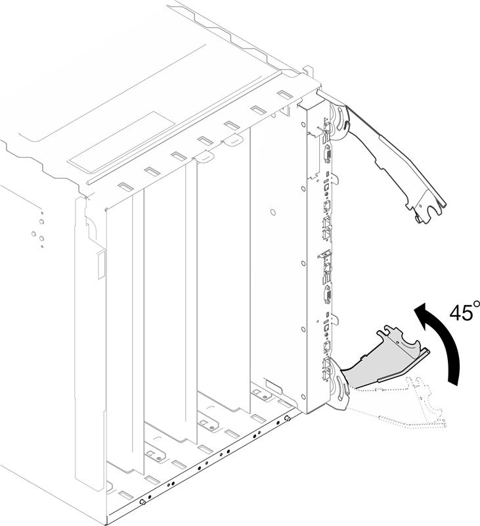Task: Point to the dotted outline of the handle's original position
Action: point(408,402)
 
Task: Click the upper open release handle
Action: point(395,161)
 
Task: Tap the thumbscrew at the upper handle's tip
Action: point(418,218)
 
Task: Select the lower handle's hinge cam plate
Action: point(340,386)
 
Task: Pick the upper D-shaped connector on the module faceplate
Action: point(327,156)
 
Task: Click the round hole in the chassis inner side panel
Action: point(273,212)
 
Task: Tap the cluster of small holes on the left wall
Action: point(39,230)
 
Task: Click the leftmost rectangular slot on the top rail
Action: point(125,187)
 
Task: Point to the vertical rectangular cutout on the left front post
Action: point(101,266)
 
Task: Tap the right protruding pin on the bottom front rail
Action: point(287,418)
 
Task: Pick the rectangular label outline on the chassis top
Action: point(122,143)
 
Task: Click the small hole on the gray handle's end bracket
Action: point(397,343)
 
